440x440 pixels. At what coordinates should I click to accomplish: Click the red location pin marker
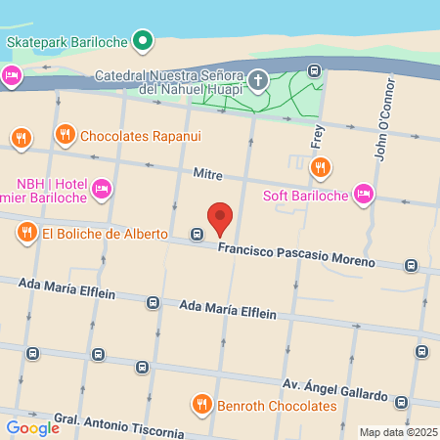coord(221,217)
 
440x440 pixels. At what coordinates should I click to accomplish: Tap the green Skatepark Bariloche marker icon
coord(143,41)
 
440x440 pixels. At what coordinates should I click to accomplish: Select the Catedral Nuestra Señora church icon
coord(258,80)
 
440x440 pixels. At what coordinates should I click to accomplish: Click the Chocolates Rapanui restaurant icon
coord(65,135)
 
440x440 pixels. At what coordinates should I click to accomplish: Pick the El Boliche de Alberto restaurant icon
coord(26,233)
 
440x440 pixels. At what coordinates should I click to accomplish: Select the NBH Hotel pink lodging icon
coord(102,188)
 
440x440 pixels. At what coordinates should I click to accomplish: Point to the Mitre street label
coord(208,175)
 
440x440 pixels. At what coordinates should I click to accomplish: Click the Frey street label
coord(317,135)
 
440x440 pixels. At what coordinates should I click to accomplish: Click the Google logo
coord(32,427)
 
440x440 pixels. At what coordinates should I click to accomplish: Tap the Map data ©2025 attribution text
coord(397,432)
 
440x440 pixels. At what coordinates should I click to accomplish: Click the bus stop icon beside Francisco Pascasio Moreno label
coord(197,235)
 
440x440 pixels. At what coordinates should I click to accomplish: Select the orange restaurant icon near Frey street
coord(319,168)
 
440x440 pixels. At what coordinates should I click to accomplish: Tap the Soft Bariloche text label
coord(305,194)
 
